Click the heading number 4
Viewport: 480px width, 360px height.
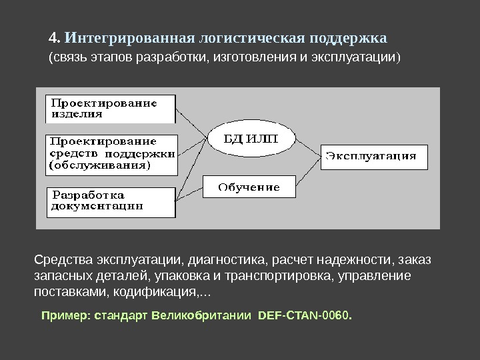(55, 35)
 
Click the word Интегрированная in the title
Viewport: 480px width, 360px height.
(124, 35)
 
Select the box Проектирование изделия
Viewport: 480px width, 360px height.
(111, 108)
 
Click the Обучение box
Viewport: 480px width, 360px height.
(249, 187)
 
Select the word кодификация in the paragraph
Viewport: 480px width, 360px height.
(159, 293)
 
